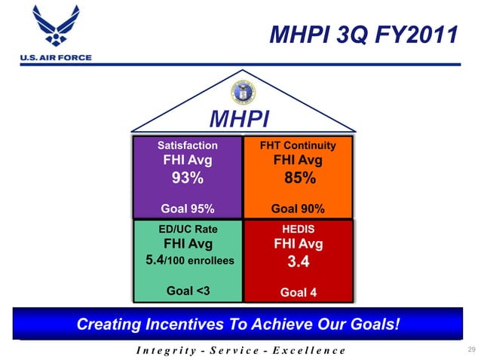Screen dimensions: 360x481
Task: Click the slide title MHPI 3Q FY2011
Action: tap(363, 34)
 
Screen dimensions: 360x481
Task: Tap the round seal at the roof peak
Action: tap(243, 92)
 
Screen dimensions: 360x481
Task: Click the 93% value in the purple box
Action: tap(187, 178)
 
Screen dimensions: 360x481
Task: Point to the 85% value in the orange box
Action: tap(299, 178)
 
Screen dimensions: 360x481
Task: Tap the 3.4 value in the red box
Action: tap(299, 263)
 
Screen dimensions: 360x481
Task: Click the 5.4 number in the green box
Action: tap(155, 261)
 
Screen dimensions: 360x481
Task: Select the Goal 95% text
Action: tap(188, 209)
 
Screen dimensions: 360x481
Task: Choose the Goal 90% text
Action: tap(298, 209)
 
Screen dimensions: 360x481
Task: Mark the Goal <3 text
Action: tap(188, 291)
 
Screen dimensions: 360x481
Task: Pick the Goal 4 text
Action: tap(298, 292)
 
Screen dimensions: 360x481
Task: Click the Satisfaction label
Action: tap(187, 145)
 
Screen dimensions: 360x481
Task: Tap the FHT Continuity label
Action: tap(298, 145)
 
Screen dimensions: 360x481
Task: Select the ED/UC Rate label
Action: tap(188, 229)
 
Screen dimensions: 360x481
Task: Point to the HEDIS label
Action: tap(298, 229)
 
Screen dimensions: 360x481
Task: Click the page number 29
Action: tap(472, 349)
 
